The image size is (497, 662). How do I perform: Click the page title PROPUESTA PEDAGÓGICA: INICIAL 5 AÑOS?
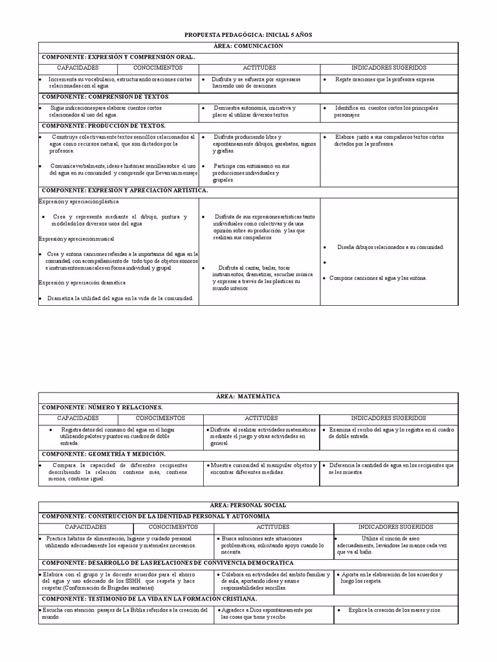click(x=248, y=34)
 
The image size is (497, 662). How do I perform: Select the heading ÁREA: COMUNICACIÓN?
click(x=248, y=47)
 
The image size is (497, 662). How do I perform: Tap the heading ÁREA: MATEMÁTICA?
click(x=248, y=396)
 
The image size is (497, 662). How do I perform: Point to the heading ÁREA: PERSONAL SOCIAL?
click(x=248, y=505)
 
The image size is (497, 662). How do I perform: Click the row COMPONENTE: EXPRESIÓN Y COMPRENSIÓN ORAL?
click(x=118, y=57)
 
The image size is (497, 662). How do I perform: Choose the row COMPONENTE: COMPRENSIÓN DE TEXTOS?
click(x=105, y=96)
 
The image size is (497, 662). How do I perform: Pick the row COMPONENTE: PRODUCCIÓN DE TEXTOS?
click(x=104, y=125)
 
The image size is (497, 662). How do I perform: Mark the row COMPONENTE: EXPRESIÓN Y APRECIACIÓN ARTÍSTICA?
click(x=125, y=191)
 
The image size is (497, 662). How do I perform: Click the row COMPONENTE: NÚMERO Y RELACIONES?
click(x=102, y=407)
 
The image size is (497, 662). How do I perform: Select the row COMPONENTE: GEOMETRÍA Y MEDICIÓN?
click(x=104, y=454)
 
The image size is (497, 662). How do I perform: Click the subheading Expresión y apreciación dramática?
click(x=82, y=283)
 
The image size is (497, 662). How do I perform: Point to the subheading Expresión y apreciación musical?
click(x=76, y=239)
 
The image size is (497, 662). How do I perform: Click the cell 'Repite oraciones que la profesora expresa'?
click(x=385, y=80)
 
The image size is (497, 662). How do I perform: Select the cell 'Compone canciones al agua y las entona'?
click(x=378, y=278)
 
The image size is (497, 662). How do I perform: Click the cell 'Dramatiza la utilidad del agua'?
click(x=120, y=298)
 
